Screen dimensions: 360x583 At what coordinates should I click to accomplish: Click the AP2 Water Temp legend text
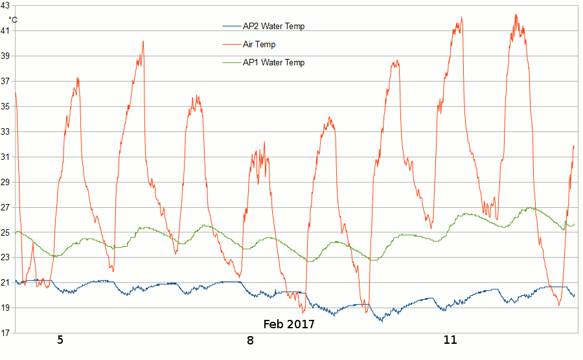[x=273, y=27]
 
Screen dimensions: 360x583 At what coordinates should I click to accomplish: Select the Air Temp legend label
[x=259, y=45]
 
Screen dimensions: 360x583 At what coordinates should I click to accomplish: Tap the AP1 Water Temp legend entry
[x=273, y=63]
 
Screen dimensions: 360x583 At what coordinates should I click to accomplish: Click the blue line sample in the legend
[x=231, y=27]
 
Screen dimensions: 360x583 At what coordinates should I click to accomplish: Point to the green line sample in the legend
[x=231, y=63]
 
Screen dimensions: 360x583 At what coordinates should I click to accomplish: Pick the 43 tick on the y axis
[x=5, y=5]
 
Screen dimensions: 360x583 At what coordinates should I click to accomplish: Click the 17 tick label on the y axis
[x=5, y=333]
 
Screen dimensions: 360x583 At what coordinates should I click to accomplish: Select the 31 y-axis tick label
[x=5, y=157]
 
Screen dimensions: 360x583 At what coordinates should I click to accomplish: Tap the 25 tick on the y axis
[x=5, y=232]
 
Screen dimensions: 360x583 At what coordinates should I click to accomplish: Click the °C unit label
[x=13, y=19]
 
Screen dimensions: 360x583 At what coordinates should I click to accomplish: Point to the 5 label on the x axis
[x=60, y=340]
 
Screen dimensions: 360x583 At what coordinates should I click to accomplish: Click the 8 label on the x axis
[x=251, y=340]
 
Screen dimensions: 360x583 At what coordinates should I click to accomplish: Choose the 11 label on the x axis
[x=450, y=340]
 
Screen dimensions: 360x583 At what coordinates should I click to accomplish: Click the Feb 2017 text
[x=289, y=324]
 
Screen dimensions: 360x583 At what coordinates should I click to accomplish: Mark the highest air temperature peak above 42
[x=516, y=14]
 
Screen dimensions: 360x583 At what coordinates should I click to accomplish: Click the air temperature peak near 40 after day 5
[x=143, y=41]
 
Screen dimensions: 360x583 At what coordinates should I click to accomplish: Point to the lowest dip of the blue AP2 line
[x=382, y=321]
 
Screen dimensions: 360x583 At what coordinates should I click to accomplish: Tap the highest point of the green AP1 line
[x=530, y=207]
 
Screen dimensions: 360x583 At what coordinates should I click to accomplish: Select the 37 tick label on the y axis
[x=5, y=81]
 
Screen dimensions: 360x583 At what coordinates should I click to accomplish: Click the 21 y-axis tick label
[x=5, y=282]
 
